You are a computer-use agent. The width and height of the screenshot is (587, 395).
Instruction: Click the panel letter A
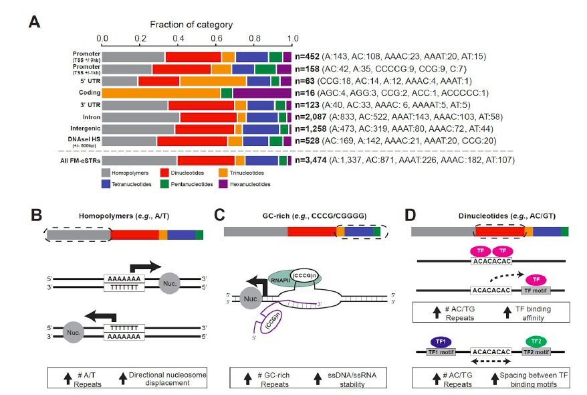coord(35,21)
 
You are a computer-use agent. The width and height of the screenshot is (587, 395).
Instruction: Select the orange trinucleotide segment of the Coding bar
coord(161,92)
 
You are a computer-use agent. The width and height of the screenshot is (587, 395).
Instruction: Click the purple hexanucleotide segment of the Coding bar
coord(261,92)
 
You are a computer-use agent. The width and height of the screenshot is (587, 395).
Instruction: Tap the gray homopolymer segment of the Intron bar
coord(141,117)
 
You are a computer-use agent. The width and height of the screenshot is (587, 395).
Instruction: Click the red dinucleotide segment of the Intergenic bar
coord(204,129)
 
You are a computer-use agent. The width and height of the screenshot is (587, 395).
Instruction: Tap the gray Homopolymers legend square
coord(106,173)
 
